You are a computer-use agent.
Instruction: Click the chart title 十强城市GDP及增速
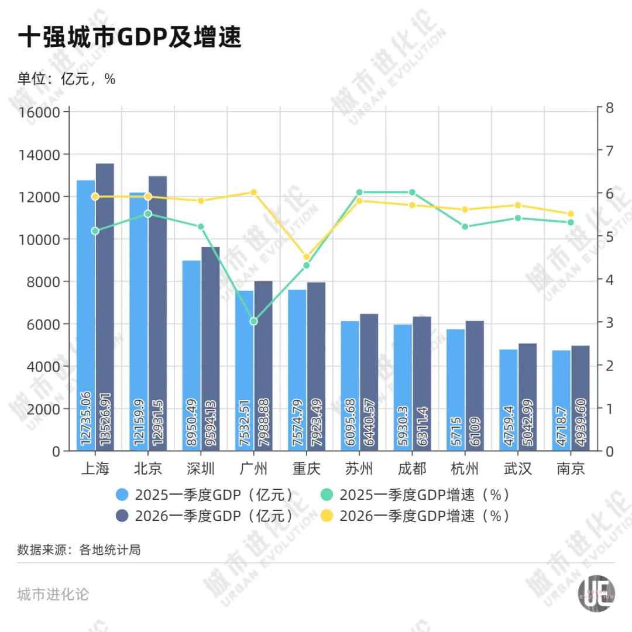129,39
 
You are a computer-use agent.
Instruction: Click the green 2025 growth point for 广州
253,321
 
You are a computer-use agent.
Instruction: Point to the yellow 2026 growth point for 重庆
306,257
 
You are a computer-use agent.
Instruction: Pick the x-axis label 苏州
359,469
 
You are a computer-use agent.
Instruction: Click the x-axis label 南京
571,469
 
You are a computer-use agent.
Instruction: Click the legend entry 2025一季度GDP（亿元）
205,495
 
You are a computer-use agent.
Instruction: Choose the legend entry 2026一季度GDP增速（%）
415,516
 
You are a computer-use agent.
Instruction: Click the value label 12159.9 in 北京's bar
139,418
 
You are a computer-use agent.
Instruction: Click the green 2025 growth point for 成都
412,193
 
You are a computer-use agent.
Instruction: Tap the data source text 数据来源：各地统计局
79,550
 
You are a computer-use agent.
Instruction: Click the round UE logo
596,596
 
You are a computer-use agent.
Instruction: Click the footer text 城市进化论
53,595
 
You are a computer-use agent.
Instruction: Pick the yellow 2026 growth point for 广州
253,193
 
